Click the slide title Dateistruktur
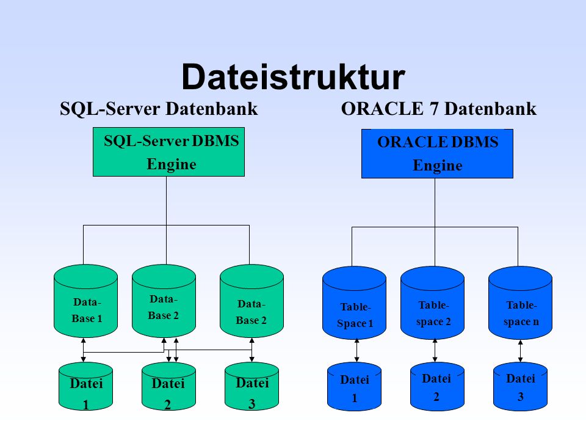tap(294, 77)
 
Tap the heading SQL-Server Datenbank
tap(159, 109)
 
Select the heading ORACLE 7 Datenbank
tap(439, 109)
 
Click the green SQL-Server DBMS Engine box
tap(168, 152)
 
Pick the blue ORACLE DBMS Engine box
tap(437, 153)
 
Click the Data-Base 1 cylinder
tap(86, 301)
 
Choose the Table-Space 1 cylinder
tap(354, 303)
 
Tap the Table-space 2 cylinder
tap(432, 303)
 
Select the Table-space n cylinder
tap(520, 303)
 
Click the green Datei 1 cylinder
tap(86, 386)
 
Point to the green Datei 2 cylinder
tap(168, 386)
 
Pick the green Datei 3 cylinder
tap(252, 386)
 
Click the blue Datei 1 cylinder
tap(354, 386)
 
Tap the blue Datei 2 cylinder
tap(437, 386)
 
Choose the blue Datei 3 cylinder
tap(520, 386)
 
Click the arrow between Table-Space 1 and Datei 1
tap(357, 351)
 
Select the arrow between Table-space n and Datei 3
tap(520, 351)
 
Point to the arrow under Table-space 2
tap(435, 351)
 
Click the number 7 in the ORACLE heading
tap(433, 109)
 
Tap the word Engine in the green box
tap(172, 164)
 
